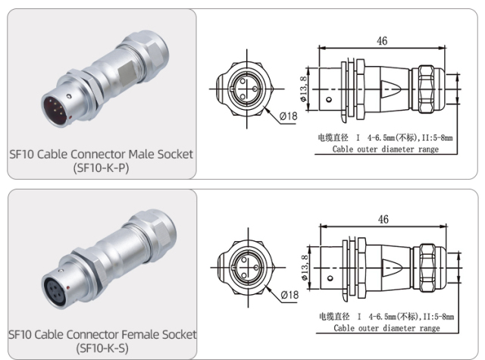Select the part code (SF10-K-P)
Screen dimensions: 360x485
click(102, 168)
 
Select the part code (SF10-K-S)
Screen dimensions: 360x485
click(102, 348)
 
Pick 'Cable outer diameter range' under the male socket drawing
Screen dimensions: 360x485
click(386, 150)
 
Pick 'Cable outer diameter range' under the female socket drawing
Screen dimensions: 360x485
click(386, 328)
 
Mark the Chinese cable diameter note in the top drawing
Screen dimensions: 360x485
click(386, 139)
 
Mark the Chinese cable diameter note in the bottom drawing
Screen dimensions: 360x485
click(386, 317)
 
